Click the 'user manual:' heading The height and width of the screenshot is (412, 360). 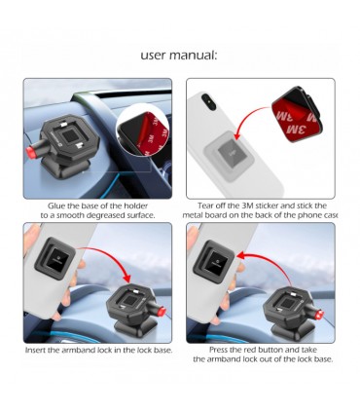pyautogui.click(x=179, y=56)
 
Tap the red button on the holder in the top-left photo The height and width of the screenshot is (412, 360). pyautogui.click(x=30, y=152)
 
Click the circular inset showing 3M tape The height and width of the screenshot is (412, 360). pyautogui.click(x=143, y=130)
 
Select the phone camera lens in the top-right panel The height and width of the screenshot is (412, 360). pyautogui.click(x=208, y=101)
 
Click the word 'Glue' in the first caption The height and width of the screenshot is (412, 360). pyautogui.click(x=56, y=206)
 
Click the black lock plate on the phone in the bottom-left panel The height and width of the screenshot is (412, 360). pyautogui.click(x=54, y=258)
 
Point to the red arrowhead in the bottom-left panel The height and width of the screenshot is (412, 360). pyautogui.click(x=126, y=278)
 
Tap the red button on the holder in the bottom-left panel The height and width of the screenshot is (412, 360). pyautogui.click(x=161, y=312)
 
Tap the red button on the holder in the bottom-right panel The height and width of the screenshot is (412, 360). pyautogui.click(x=319, y=314)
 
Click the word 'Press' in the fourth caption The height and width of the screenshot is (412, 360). pyautogui.click(x=218, y=350)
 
